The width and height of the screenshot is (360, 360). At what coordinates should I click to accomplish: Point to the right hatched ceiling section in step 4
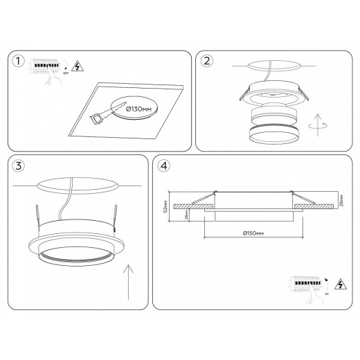pos(314,206)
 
